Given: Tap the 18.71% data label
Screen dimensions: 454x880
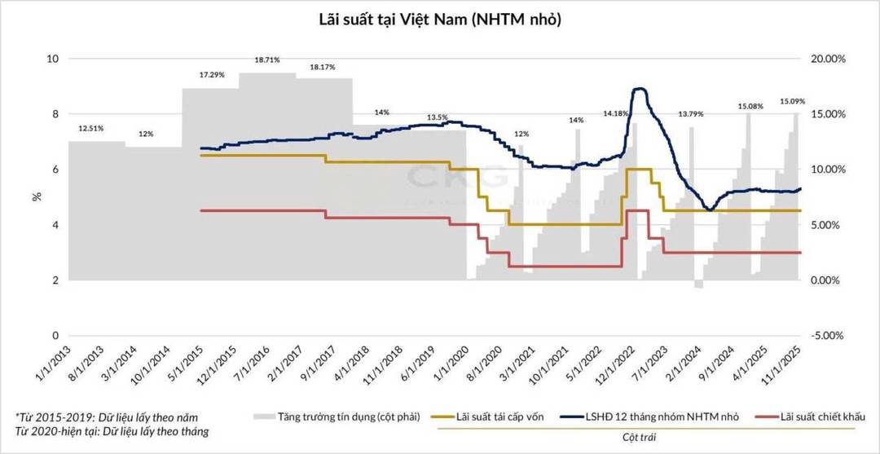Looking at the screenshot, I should [x=267, y=60].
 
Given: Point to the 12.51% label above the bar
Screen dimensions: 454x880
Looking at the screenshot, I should [x=91, y=128].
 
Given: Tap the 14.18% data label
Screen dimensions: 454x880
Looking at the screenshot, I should [x=615, y=114].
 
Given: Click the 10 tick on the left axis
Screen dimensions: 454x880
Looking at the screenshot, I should [x=54, y=59].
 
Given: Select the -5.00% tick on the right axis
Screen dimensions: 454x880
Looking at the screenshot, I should [x=826, y=336].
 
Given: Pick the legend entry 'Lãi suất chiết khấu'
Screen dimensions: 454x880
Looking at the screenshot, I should [x=816, y=417].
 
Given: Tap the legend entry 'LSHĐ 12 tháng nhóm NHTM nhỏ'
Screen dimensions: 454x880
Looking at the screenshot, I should [x=660, y=417].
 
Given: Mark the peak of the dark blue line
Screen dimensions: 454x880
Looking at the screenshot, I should [x=640, y=88].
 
